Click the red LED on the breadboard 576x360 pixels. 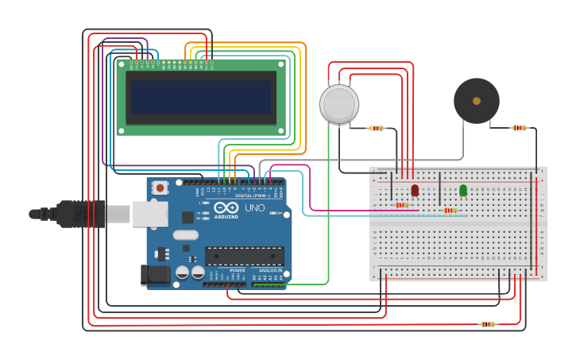pos(415,190)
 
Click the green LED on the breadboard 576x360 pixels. pos(463,190)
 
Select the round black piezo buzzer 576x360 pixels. pos(477,101)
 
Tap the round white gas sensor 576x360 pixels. pos(339,104)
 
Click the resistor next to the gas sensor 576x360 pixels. pos(377,128)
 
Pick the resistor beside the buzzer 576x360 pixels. pos(519,127)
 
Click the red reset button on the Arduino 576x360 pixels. pos(160,188)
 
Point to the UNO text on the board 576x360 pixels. pos(254,208)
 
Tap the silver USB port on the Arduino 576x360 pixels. pos(149,214)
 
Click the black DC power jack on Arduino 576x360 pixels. pos(154,274)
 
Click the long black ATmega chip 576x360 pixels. pos(244,256)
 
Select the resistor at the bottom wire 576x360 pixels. pos(488,324)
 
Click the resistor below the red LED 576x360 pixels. pos(402,205)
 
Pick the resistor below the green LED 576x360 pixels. pos(450,211)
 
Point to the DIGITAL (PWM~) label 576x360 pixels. pos(252,195)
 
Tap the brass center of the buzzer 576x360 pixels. pos(477,101)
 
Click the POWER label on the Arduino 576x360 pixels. pos(237,270)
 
